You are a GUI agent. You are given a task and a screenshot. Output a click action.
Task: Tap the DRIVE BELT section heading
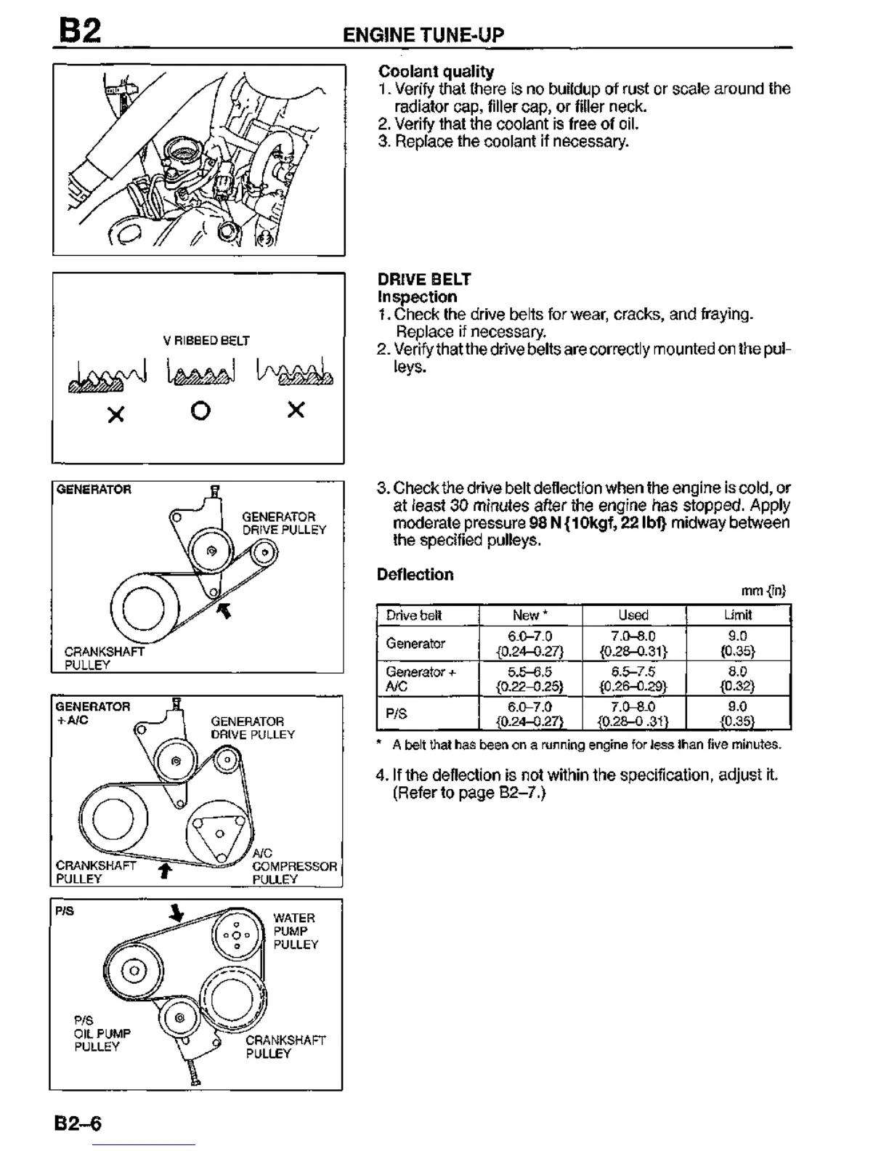coord(424,279)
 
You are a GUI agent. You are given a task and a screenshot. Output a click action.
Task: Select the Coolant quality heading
coord(436,71)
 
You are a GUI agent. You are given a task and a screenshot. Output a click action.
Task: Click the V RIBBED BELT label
coord(206,340)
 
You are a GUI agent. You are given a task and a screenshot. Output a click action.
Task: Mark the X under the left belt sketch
coord(115,414)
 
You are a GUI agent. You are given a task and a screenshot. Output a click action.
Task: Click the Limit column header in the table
coord(737,615)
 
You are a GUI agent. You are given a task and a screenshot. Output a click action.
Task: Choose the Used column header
coord(633,615)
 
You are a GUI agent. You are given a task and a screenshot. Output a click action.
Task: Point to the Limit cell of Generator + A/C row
coord(737,679)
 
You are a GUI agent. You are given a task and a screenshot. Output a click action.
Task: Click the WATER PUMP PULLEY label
coord(295,931)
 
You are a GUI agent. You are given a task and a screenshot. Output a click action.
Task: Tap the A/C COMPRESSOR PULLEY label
coord(293,866)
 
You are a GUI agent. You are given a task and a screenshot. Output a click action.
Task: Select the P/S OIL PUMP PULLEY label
coord(102,1033)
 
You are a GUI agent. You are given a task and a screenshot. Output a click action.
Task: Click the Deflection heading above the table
coord(415,574)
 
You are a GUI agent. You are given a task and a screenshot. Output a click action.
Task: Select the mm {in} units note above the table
coord(763,591)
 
